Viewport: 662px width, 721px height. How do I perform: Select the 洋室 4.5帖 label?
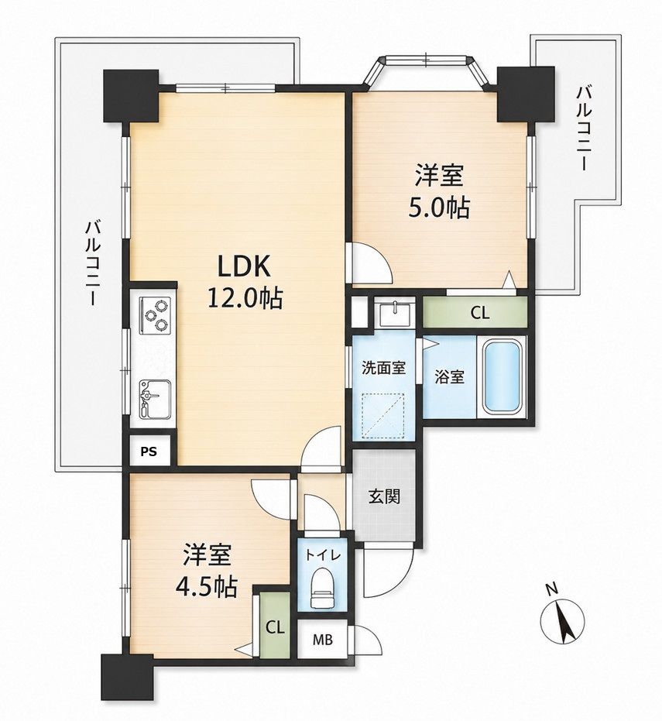tap(208, 570)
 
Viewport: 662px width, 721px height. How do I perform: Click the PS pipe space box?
tap(149, 451)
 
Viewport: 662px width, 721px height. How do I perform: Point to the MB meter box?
tap(323, 640)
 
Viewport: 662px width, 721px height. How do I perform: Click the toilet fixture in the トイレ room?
tap(322, 588)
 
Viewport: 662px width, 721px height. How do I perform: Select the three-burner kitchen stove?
tap(155, 314)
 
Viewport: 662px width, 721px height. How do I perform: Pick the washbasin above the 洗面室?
tap(395, 312)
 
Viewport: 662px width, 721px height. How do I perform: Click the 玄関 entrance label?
tap(384, 496)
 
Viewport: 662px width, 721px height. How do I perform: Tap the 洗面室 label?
tap(383, 368)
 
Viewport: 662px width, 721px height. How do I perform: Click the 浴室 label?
tap(449, 377)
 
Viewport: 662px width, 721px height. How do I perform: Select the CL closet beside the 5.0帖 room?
tap(475, 313)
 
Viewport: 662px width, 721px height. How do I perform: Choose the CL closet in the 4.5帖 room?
tap(275, 627)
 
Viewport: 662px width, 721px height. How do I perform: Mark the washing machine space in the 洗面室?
tap(383, 413)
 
